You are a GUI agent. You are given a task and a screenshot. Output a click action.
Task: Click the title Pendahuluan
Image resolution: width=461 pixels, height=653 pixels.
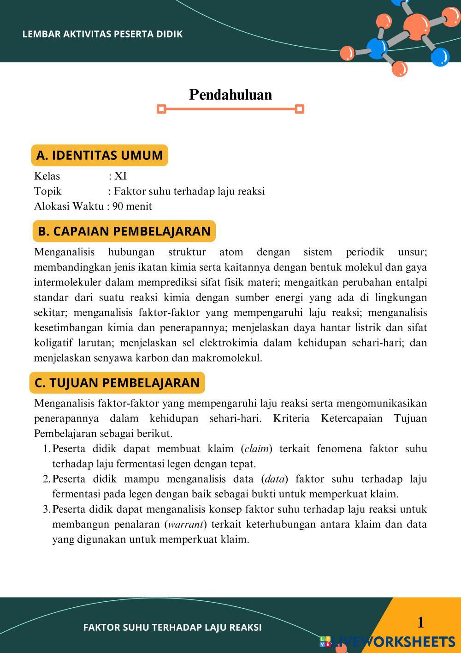[230, 95]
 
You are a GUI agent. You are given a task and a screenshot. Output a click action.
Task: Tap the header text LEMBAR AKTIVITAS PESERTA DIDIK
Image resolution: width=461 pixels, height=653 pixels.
[102, 34]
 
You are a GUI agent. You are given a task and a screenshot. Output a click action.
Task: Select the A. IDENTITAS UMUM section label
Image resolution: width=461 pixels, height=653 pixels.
[99, 155]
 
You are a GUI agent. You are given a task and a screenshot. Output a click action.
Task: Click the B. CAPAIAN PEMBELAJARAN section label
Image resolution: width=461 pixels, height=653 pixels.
[124, 231]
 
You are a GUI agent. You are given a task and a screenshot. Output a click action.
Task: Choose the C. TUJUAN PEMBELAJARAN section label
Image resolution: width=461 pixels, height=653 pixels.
[117, 383]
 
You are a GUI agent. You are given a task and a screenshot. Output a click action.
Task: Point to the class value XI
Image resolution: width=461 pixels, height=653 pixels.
[120, 176]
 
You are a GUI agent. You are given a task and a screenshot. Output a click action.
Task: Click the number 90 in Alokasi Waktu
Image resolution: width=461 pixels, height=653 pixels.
[118, 206]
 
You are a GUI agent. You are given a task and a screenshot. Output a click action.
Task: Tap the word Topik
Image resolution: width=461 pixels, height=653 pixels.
[47, 191]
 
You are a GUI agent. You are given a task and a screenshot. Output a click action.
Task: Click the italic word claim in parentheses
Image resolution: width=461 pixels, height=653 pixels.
[256, 449]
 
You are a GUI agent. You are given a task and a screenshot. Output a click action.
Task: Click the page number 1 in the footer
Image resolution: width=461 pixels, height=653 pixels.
[420, 623]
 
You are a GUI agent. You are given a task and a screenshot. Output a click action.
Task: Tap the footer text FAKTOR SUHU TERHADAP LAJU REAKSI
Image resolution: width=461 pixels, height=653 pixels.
[172, 627]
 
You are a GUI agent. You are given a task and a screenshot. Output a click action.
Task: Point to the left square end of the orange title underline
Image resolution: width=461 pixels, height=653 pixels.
[161, 109]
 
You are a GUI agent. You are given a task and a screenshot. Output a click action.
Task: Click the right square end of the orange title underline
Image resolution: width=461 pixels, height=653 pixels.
[300, 109]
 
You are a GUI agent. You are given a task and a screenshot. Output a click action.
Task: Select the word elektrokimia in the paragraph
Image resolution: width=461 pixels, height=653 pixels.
[230, 343]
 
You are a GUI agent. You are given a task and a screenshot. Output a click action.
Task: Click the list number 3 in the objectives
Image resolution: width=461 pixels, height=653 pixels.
[46, 509]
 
